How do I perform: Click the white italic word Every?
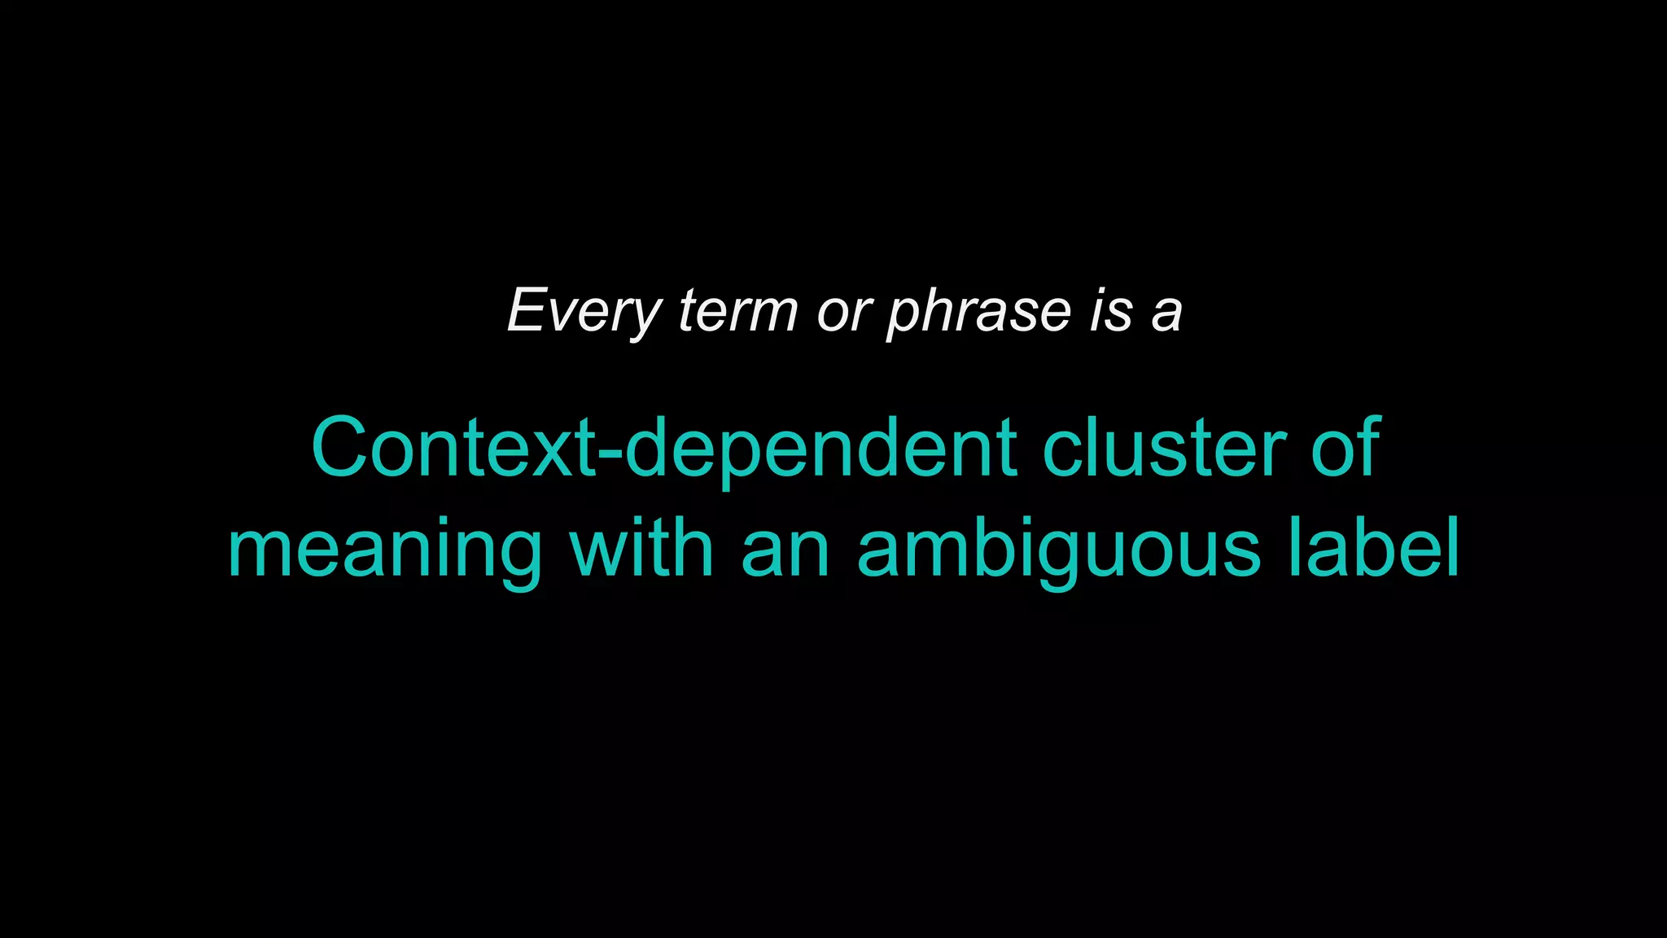tap(584, 311)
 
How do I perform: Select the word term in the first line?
tap(737, 311)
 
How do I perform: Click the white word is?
tap(1111, 311)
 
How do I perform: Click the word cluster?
tap(1164, 449)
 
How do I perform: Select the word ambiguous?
tap(1058, 550)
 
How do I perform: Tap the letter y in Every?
tap(645, 316)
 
